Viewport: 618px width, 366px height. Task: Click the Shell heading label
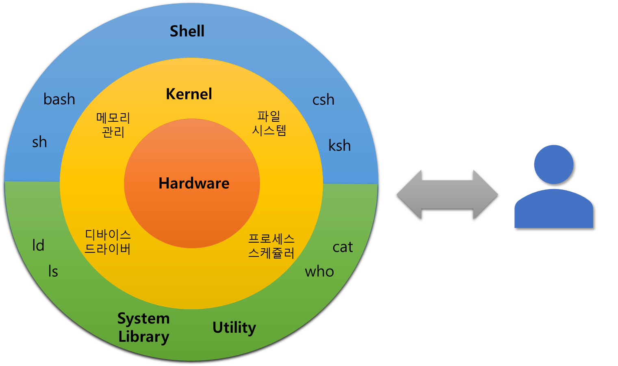tap(187, 31)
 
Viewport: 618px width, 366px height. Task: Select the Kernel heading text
tap(189, 94)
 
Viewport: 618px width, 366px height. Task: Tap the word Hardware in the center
tap(194, 183)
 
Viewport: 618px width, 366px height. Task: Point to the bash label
tap(59, 99)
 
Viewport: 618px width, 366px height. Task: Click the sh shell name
tap(39, 142)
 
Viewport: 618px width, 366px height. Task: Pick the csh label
tap(323, 100)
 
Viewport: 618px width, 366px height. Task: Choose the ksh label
tap(339, 146)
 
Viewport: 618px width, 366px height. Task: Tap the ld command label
tap(38, 245)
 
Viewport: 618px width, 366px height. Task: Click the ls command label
tap(53, 271)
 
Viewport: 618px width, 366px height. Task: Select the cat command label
tap(343, 247)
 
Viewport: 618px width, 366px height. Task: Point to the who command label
tap(319, 271)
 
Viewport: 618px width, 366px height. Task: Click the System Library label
tap(143, 328)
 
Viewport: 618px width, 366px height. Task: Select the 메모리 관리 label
tap(113, 125)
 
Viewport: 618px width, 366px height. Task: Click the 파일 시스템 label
tap(269, 123)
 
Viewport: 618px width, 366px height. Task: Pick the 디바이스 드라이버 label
tap(108, 242)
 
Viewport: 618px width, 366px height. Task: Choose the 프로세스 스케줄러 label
tap(271, 246)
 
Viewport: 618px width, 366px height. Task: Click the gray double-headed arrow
tap(447, 194)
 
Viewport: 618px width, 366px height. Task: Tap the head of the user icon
tap(553, 164)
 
